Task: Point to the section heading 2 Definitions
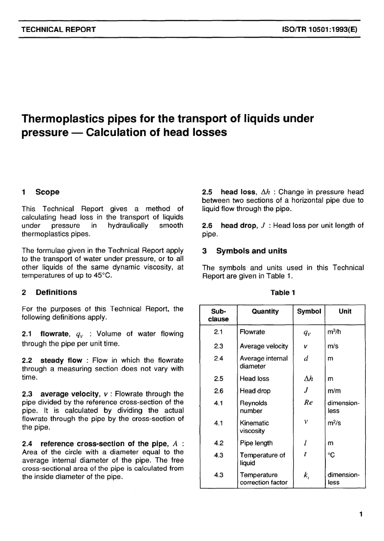tap(49, 292)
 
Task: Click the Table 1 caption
tap(283, 293)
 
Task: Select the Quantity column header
tap(265, 311)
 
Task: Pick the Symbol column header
tap(309, 311)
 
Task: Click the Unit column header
tap(345, 311)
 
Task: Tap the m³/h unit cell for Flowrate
tap(334, 332)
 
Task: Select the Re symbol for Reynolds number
tap(308, 403)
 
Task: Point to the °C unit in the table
tap(331, 455)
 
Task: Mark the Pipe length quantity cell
tap(256, 443)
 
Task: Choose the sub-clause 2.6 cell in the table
tap(218, 391)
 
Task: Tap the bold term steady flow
tap(61, 360)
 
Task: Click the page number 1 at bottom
tap(361, 514)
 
